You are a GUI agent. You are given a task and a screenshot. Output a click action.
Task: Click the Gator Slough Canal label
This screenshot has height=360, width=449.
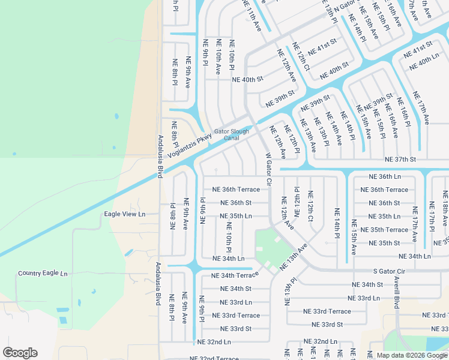pos(227,134)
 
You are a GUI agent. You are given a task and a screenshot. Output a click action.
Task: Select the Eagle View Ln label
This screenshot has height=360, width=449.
pos(125,214)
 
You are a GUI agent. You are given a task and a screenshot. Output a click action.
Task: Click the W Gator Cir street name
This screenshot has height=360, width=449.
pos(268,169)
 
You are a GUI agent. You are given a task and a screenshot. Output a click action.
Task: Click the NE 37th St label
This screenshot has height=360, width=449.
pos(400,160)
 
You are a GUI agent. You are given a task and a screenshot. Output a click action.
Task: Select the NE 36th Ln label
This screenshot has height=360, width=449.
pos(384,177)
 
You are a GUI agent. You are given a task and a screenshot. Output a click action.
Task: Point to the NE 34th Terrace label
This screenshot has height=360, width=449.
pos(235,275)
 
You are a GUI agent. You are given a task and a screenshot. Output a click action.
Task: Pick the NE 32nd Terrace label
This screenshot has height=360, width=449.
pos(214,358)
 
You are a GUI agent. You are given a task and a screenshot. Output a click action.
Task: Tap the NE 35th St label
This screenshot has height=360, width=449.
pos(384,243)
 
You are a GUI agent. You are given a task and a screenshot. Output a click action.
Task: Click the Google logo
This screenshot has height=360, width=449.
pos(20,353)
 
